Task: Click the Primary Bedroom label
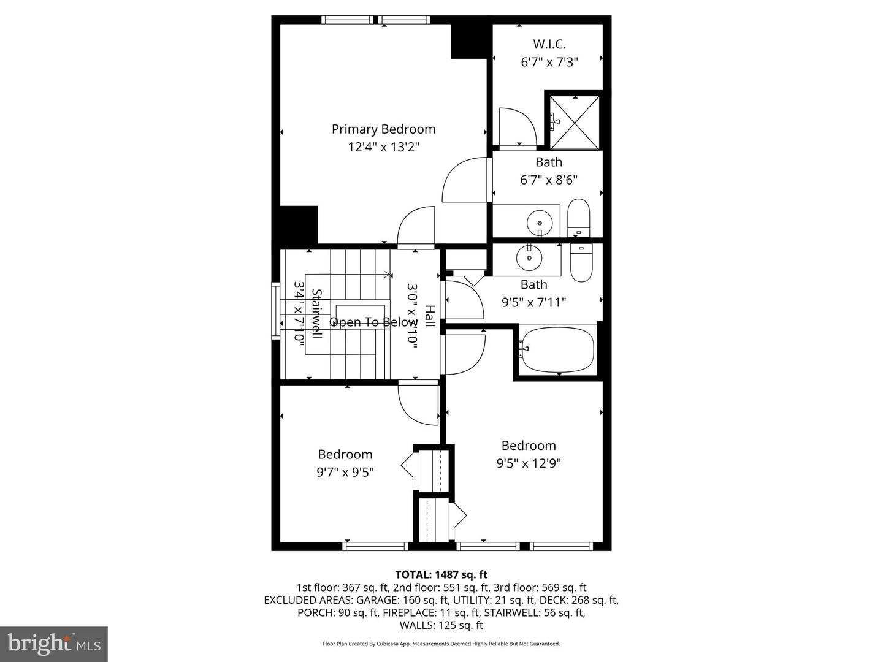pos(383,129)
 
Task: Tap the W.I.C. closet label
pos(549,44)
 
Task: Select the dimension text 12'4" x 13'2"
pos(383,147)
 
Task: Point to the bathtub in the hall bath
pos(557,349)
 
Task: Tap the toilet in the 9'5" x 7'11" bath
pos(581,262)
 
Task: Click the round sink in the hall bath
pos(529,257)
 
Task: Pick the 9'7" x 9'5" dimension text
pos(345,472)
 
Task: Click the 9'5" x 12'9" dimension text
pos(529,463)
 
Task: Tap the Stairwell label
pos(316,314)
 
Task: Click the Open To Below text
pos(373,322)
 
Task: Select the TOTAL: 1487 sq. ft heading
pos(441,574)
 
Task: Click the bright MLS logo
pos(54,644)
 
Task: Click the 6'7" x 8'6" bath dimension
pos(549,180)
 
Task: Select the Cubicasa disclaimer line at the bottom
pos(441,644)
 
